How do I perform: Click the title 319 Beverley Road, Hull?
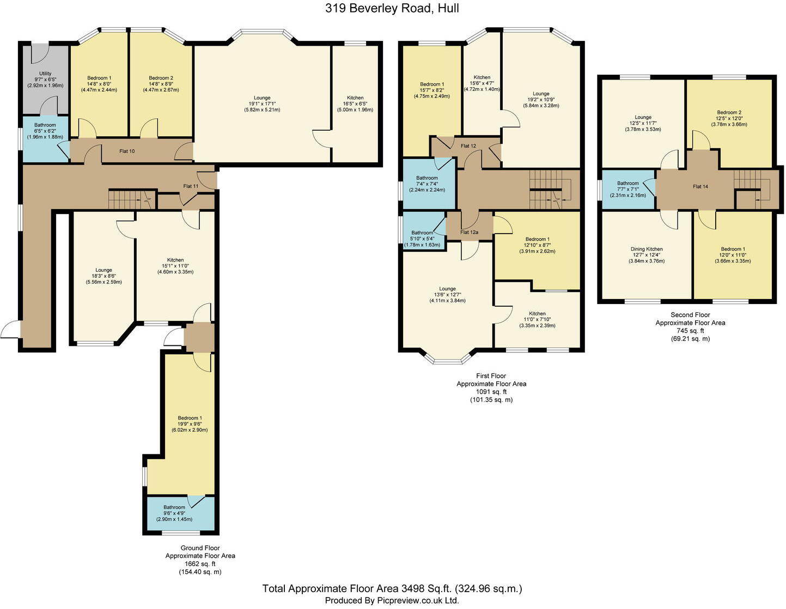[392, 8]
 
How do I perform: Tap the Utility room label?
[45, 74]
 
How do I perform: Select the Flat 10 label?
[127, 151]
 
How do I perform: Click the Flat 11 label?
[191, 186]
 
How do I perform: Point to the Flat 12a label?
[469, 233]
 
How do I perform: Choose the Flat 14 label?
[700, 186]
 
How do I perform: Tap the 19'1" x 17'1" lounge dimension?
[262, 104]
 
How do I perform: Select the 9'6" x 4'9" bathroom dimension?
[174, 513]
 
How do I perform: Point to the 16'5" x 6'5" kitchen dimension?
[355, 104]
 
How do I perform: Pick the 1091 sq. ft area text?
[491, 392]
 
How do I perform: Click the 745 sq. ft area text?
[690, 331]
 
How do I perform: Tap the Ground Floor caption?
[200, 548]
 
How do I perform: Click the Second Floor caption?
[690, 315]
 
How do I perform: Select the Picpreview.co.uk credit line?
[392, 600]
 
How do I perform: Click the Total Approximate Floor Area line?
[392, 588]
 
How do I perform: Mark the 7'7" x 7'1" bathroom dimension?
[627, 190]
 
